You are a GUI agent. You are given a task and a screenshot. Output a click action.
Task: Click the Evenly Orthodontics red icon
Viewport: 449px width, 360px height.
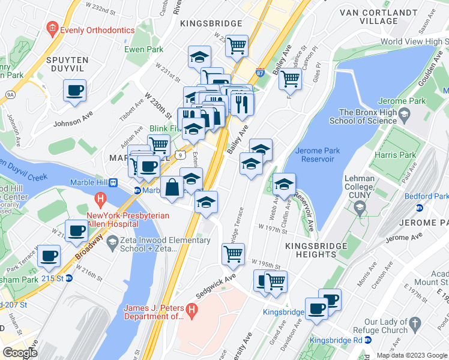pyautogui.click(x=53, y=28)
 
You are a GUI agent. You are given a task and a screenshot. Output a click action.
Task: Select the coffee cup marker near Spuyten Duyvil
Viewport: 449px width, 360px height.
pyautogui.click(x=75, y=91)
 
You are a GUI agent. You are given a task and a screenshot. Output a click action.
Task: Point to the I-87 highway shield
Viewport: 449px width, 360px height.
pyautogui.click(x=261, y=71)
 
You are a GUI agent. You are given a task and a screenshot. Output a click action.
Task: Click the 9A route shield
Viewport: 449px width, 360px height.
pyautogui.click(x=10, y=94)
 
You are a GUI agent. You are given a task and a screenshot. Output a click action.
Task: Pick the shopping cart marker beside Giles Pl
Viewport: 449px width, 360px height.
pyautogui.click(x=291, y=78)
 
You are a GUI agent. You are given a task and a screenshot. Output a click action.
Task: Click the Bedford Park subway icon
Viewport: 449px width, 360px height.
pyautogui.click(x=420, y=207)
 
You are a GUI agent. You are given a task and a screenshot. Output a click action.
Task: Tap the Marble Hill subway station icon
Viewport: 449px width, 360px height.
pyautogui.click(x=137, y=191)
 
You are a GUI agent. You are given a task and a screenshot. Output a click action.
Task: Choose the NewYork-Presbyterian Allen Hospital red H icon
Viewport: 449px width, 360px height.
pyautogui.click(x=100, y=198)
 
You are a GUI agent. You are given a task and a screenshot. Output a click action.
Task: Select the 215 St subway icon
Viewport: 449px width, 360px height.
pyautogui.click(x=69, y=278)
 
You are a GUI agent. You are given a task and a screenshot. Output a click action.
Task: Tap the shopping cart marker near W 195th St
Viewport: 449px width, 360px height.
pyautogui.click(x=233, y=254)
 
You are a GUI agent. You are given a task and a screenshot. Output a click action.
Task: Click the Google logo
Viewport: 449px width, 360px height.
pyautogui.click(x=20, y=352)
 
